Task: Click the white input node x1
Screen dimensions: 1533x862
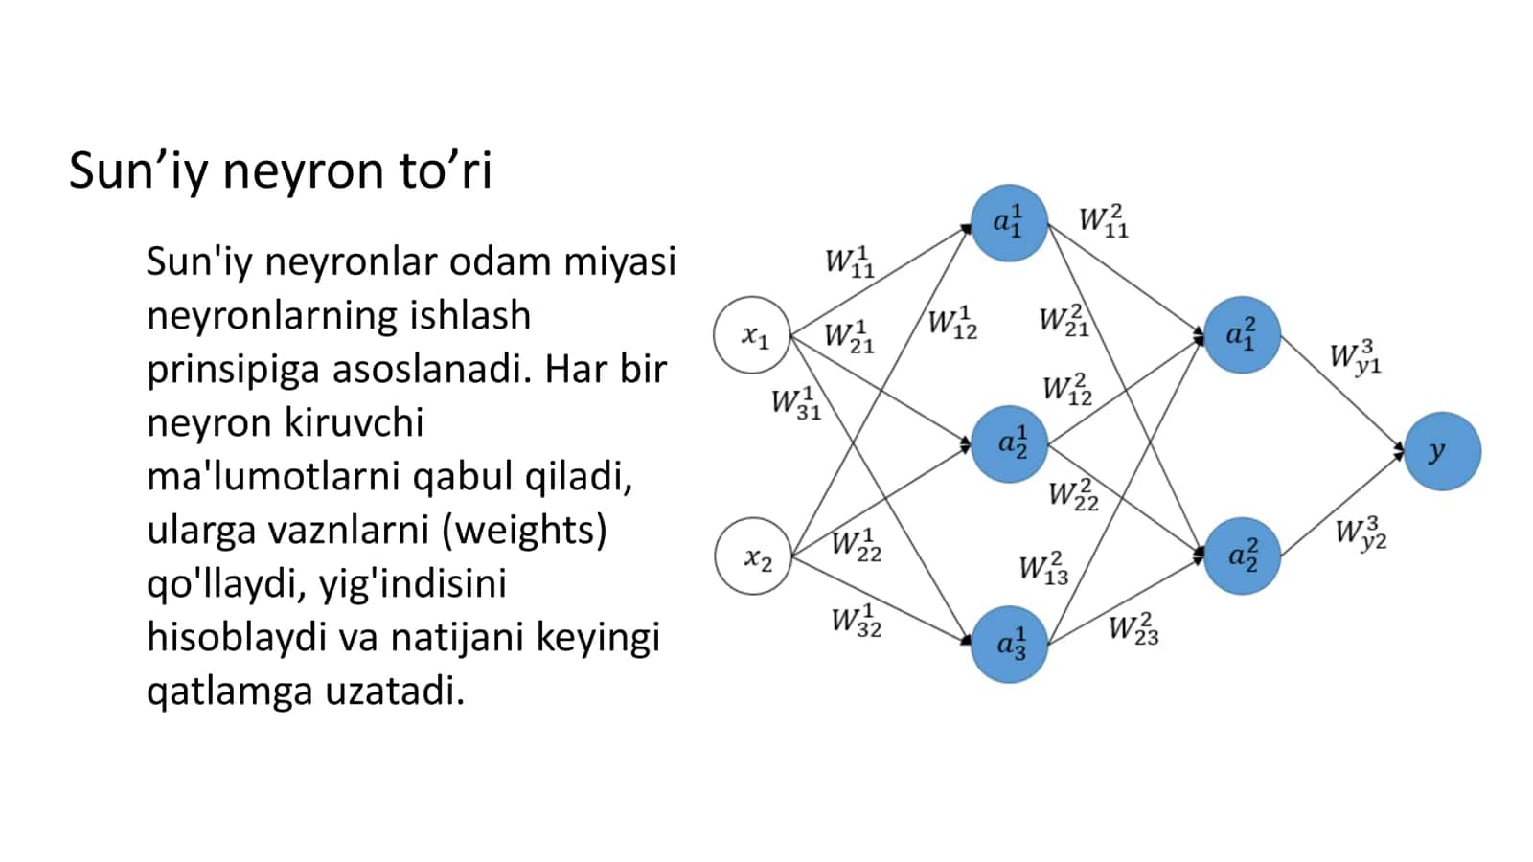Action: point(752,334)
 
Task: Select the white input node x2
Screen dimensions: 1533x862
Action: point(753,556)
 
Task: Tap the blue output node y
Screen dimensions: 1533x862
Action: point(1443,451)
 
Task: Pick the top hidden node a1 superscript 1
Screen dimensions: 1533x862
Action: point(1010,223)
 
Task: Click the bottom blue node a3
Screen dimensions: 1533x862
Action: point(1010,645)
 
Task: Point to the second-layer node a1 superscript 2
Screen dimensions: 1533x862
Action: point(1242,334)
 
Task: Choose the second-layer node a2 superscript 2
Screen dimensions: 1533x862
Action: point(1242,556)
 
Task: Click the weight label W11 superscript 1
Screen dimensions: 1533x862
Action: point(849,262)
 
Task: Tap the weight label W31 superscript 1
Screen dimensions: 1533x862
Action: point(796,403)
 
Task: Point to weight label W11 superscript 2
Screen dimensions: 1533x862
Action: point(1104,221)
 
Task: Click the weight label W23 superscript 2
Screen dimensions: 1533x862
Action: point(1134,629)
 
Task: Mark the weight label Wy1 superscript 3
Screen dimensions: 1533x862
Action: point(1356,357)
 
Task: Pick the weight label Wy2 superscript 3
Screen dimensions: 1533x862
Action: point(1361,533)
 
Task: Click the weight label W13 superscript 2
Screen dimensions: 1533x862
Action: point(1043,569)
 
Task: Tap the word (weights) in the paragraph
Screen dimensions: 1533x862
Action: point(524,530)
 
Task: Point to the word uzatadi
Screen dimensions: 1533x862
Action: point(395,691)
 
